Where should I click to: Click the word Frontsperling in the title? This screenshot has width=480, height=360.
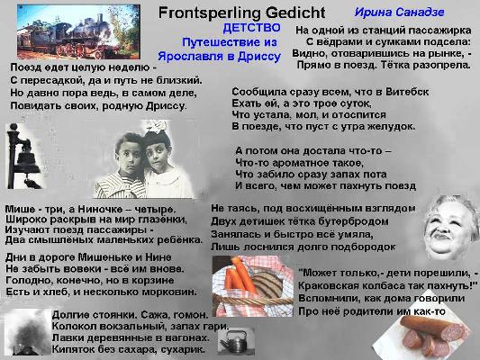click(x=210, y=13)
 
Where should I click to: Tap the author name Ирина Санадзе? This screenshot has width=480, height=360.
click(x=399, y=13)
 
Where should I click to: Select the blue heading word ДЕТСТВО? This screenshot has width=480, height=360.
click(x=251, y=28)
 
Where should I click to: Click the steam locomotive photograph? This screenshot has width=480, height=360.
click(x=78, y=31)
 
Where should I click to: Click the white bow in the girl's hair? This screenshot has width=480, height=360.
click(x=157, y=126)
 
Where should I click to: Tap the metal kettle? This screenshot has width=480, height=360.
click(x=234, y=342)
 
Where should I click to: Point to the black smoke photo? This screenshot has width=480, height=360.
click(x=28, y=332)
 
